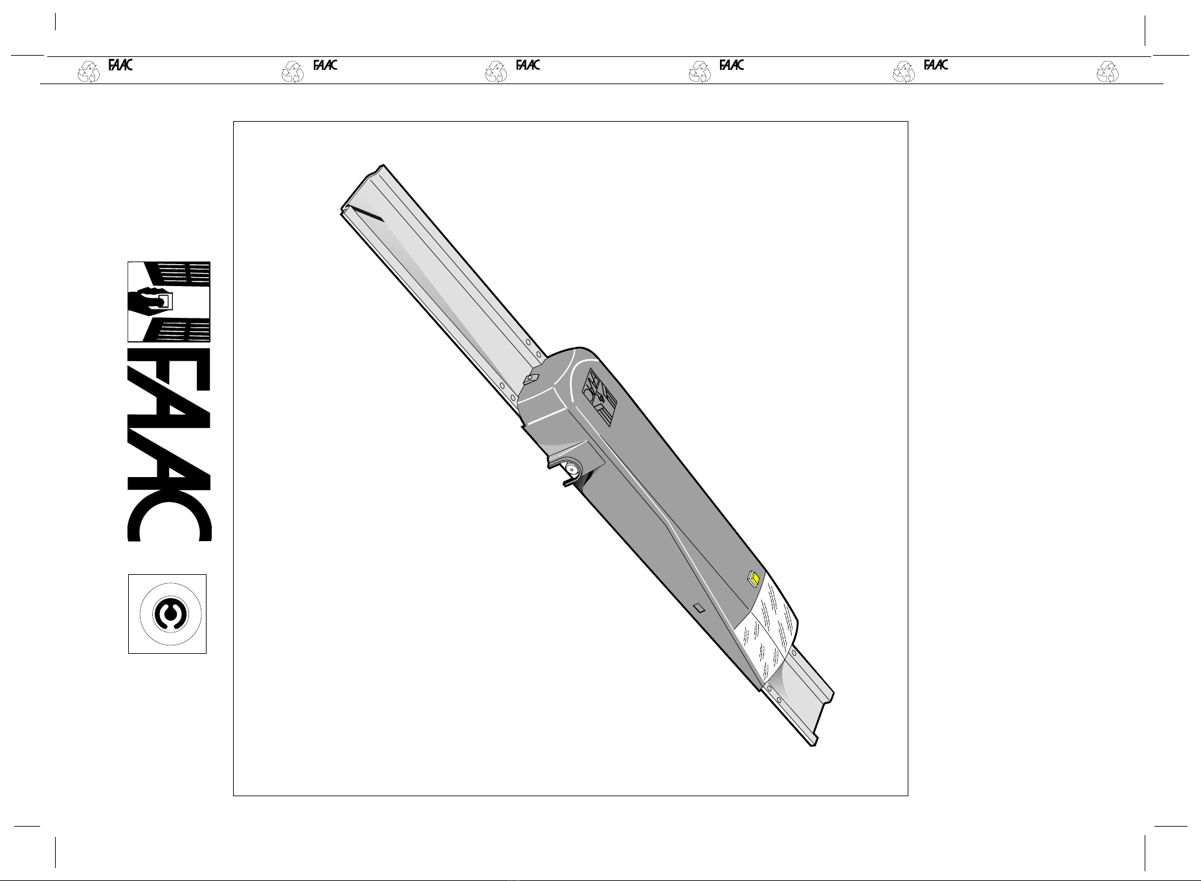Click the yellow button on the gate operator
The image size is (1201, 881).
[754, 577]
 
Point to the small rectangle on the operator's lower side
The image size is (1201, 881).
[698, 608]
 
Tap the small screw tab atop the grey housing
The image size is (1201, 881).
[531, 380]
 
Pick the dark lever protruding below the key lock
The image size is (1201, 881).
[570, 481]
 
